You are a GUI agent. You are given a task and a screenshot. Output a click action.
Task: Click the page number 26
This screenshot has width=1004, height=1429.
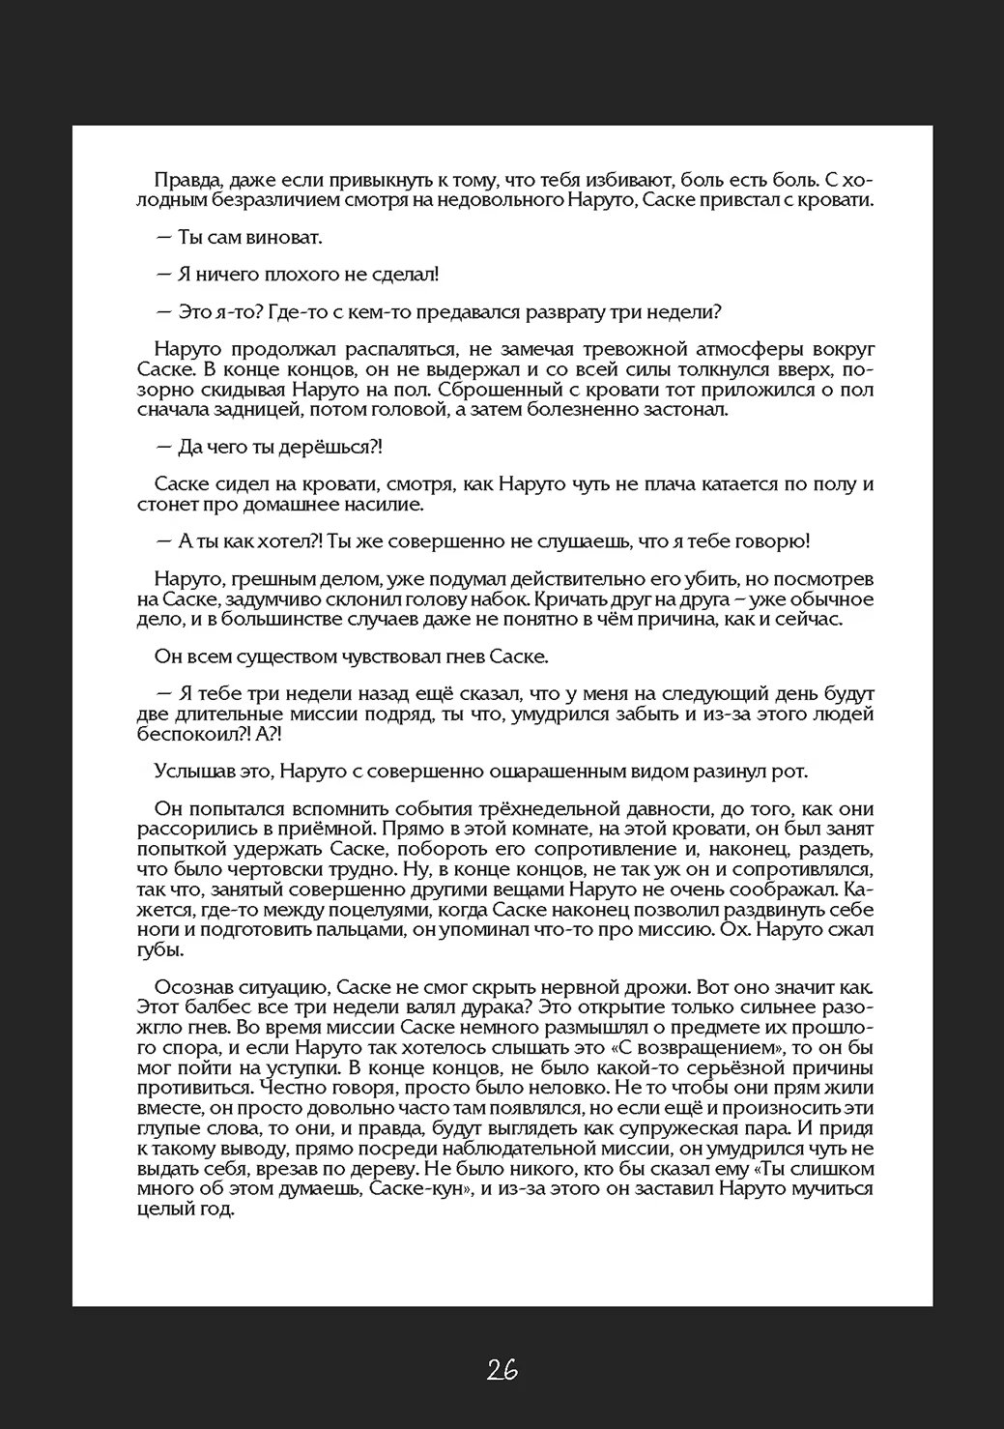502,1368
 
